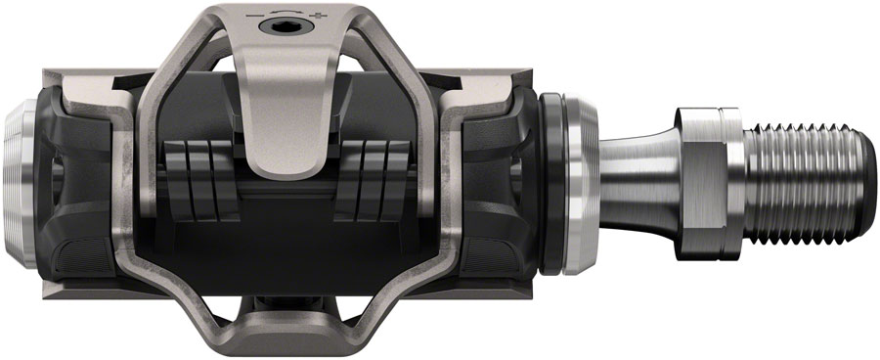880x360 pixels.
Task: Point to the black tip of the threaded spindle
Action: [x=860, y=182]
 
